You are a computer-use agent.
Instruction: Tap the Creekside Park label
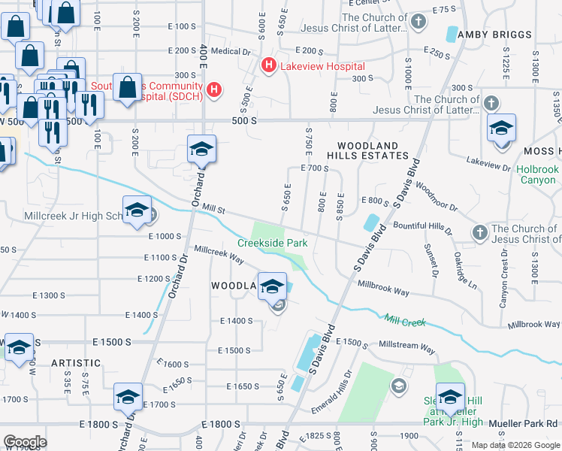(273, 243)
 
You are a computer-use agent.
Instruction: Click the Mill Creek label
(405, 322)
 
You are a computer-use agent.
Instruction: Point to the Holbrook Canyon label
(537, 174)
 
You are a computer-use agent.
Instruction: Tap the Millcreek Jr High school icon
(137, 210)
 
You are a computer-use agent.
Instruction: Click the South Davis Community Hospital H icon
(215, 90)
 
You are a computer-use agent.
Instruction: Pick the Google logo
(25, 442)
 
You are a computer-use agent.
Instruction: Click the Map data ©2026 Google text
(515, 445)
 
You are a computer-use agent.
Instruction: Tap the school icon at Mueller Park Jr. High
(450, 398)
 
